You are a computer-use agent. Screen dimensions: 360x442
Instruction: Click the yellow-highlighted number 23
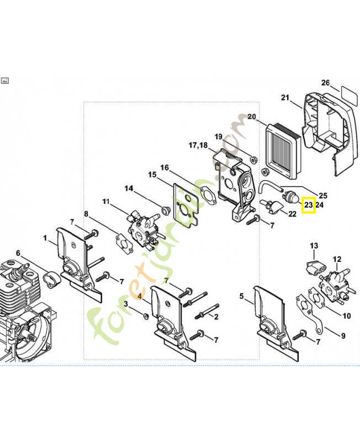(x=309, y=204)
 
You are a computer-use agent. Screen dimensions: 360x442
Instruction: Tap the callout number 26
(x=325, y=82)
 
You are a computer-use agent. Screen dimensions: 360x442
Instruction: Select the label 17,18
(x=198, y=145)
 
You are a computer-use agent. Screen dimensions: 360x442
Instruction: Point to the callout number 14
(x=129, y=188)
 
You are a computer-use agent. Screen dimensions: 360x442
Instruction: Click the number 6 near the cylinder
(x=18, y=253)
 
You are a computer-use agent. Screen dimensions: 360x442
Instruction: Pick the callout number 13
(x=314, y=246)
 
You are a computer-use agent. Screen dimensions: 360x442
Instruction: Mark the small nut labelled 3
(x=146, y=316)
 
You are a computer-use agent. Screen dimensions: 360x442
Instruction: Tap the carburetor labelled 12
(x=335, y=284)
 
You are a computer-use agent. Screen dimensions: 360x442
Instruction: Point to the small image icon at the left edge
(x=5, y=81)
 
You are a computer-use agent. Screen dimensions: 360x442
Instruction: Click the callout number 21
(x=285, y=98)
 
